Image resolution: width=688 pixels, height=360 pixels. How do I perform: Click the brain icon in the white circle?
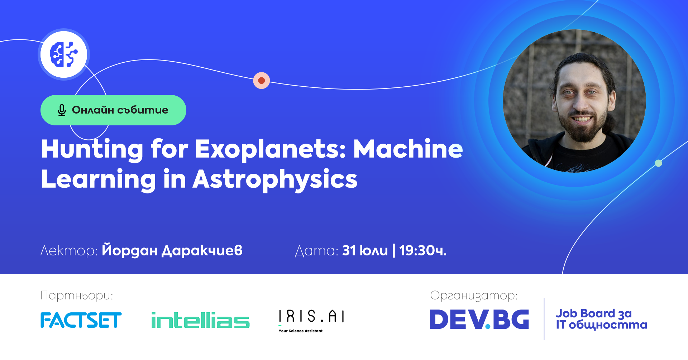coord(64,54)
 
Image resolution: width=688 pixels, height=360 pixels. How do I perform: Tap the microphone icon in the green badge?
coord(62,110)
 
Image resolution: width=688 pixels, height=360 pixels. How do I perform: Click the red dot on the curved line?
coord(262,81)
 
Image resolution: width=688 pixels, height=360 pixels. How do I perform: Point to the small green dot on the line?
coord(658,163)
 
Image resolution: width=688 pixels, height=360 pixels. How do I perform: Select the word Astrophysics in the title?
coord(275,179)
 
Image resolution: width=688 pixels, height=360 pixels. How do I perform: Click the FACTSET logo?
coord(81,320)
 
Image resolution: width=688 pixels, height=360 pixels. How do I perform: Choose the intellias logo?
coord(200,320)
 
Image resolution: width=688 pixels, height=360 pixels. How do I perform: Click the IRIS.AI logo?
coord(311,317)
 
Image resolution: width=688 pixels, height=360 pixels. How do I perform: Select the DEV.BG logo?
coord(479,320)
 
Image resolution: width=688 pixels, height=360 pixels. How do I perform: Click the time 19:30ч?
coord(423,251)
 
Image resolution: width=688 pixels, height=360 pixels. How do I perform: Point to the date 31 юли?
coord(365,251)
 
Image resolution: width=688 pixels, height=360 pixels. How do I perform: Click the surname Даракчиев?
coord(202,251)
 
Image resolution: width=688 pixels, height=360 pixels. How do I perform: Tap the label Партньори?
coord(77,296)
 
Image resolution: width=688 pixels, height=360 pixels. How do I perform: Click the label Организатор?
coord(473,296)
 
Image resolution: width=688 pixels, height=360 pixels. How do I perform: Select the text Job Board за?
coord(593,314)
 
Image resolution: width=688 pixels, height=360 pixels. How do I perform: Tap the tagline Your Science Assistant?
coord(301,331)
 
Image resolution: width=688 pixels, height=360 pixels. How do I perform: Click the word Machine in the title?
coord(408,149)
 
